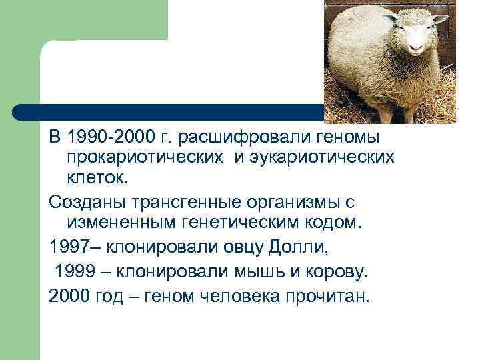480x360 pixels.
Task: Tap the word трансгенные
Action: tap(187, 200)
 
